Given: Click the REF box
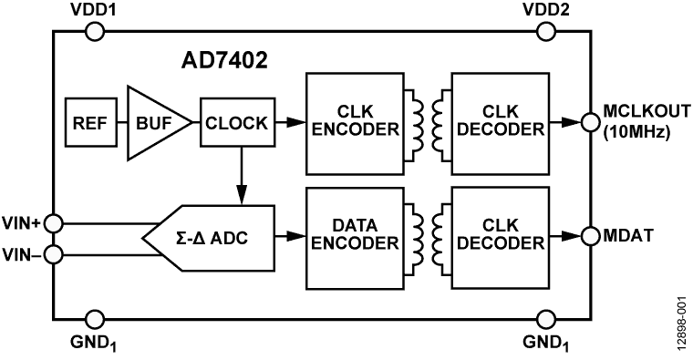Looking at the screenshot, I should pos(89,123).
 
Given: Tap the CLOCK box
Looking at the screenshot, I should pos(235,123).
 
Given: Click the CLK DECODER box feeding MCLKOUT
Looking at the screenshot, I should pos(499,122).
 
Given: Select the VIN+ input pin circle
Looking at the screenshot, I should pos(55,221).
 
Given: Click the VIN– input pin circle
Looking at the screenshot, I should pos(55,254).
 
